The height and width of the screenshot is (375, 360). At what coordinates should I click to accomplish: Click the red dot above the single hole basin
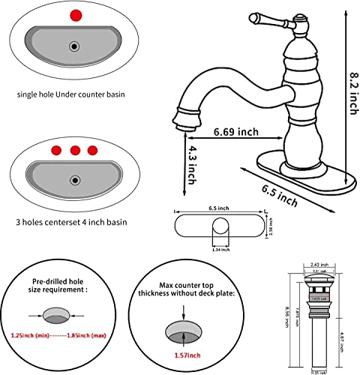pos(73,15)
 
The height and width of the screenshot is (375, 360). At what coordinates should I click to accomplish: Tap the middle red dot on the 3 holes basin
pos(75,149)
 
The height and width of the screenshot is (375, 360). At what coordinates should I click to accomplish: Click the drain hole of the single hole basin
pos(73,46)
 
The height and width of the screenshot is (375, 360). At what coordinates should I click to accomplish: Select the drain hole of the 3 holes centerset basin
pos(73,180)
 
